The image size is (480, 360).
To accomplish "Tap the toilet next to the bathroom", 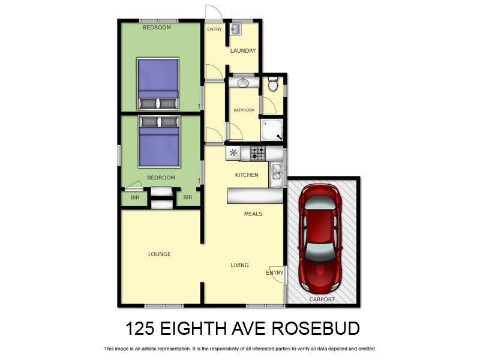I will (273, 85).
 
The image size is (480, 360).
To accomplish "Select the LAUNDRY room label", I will (243, 51).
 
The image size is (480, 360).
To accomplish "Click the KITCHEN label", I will (247, 175).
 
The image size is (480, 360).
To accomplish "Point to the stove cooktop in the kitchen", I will (257, 153).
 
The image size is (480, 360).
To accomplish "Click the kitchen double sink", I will (276, 173).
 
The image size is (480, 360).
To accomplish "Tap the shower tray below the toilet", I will (272, 130).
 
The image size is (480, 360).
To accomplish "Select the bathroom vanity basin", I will (243, 83).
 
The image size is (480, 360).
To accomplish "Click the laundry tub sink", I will (236, 29).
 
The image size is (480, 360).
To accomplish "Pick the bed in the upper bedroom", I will (158, 84).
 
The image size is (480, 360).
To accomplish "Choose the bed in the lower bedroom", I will (159, 142).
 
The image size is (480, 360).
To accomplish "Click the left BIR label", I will (134, 197).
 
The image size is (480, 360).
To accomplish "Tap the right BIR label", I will (187, 197).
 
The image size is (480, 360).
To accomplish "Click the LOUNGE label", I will (159, 254).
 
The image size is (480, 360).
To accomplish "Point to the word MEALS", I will (253, 214).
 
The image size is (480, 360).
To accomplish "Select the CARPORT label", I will (322, 299).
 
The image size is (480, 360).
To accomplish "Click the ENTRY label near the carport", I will (274, 273).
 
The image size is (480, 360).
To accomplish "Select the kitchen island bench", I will (254, 196).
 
